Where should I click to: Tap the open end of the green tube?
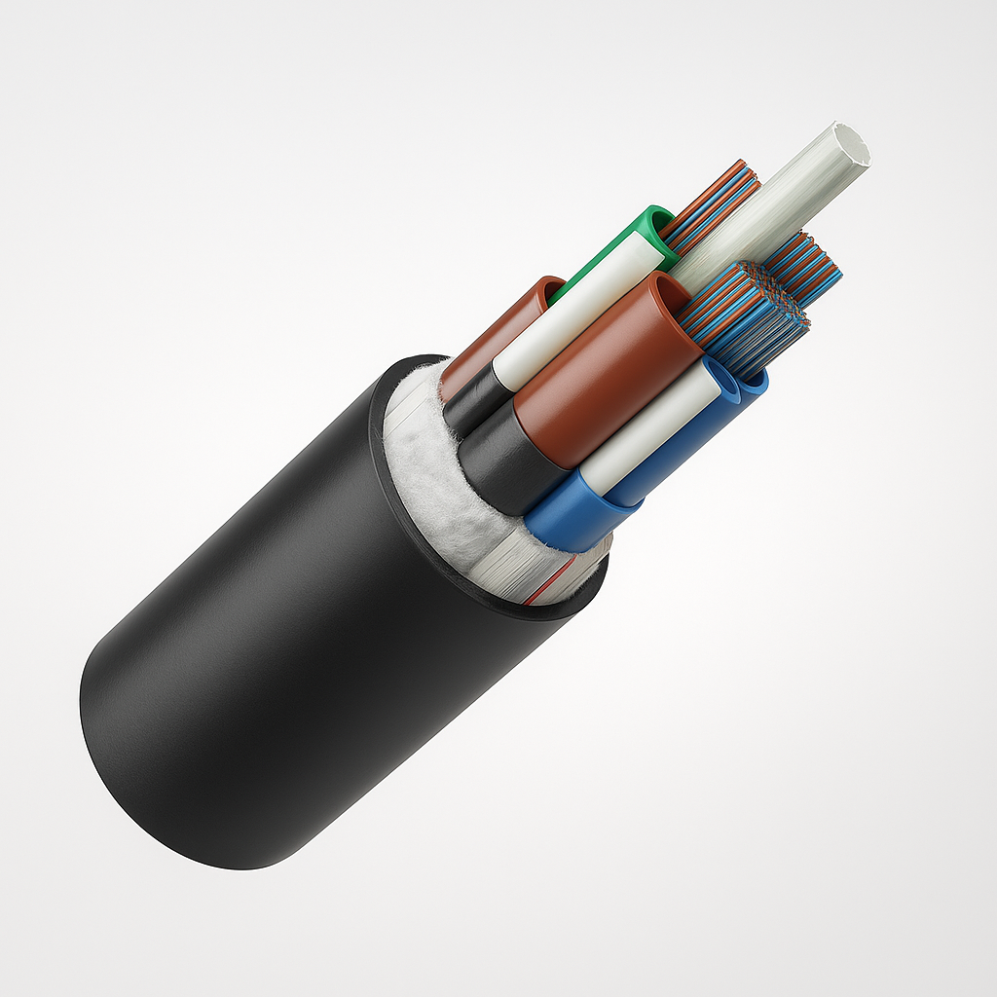tap(655, 222)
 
